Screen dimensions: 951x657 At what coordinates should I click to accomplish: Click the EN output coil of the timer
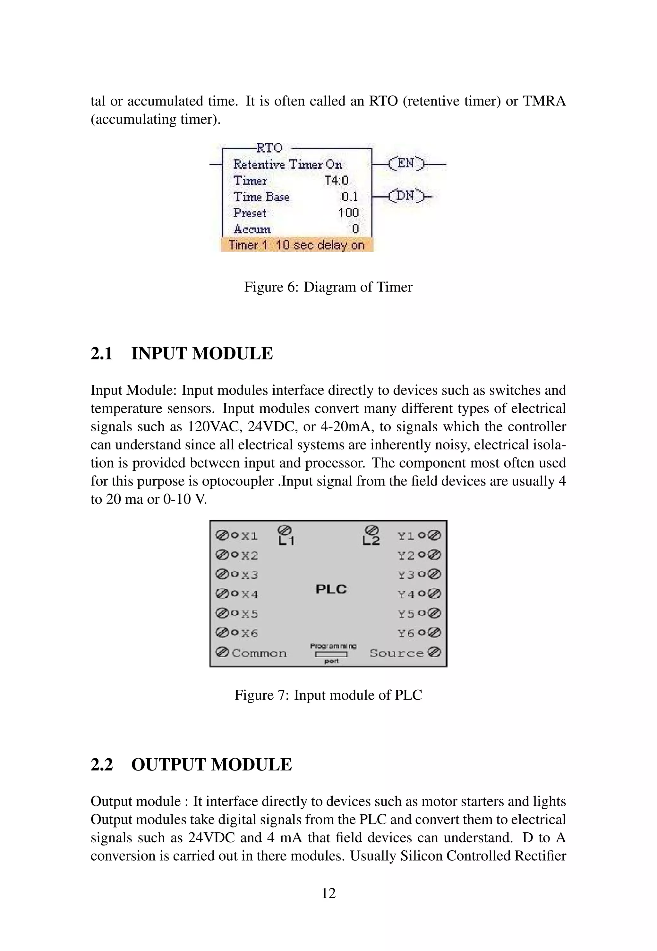pyautogui.click(x=405, y=164)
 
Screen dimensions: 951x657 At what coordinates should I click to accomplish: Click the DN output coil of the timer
pyautogui.click(x=405, y=196)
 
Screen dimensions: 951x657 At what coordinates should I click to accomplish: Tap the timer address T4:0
pyautogui.click(x=336, y=181)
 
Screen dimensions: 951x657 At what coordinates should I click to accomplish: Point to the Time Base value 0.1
pyautogui.click(x=350, y=197)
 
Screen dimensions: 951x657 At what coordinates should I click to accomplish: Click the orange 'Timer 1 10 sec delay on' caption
pyautogui.click(x=297, y=245)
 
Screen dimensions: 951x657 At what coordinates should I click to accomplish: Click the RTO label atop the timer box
pyautogui.click(x=269, y=148)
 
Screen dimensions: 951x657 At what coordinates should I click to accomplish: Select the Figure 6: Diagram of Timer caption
pyautogui.click(x=328, y=287)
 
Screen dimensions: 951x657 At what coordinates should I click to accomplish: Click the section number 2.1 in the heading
pyautogui.click(x=102, y=354)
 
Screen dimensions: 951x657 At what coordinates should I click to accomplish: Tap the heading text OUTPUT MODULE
pyautogui.click(x=212, y=765)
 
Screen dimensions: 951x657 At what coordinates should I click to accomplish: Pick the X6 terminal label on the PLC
pyautogui.click(x=250, y=633)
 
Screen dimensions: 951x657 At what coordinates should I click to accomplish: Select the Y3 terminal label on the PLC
pyautogui.click(x=406, y=575)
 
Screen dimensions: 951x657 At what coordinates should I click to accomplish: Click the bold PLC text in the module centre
pyautogui.click(x=331, y=589)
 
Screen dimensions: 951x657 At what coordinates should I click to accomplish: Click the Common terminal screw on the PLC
pyautogui.click(x=222, y=652)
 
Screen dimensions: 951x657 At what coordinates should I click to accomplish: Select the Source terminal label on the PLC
pyautogui.click(x=397, y=653)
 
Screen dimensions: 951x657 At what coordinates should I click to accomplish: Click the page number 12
pyautogui.click(x=328, y=893)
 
